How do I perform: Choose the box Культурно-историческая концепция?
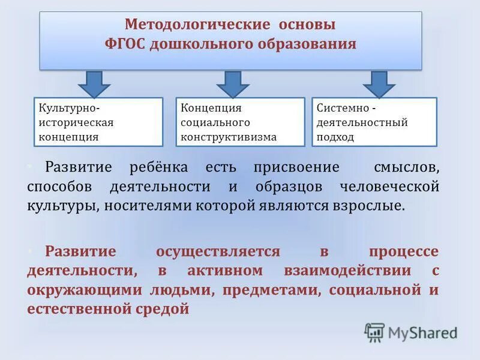point(98,122)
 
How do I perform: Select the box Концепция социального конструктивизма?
point(240,122)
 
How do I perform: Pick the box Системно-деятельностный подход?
point(374,122)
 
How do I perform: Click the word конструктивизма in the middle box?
point(229,137)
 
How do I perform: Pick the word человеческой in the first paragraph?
point(389,187)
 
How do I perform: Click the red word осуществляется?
point(218,252)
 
